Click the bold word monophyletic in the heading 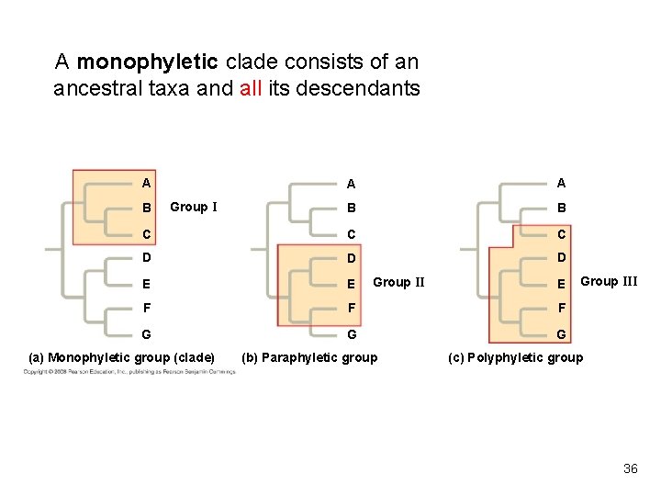tap(147, 62)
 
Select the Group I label tap(193, 207)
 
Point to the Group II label tap(398, 282)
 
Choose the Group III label tap(610, 281)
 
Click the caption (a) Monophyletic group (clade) tap(122, 356)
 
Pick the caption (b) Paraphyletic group tap(308, 356)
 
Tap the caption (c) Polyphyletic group tap(515, 356)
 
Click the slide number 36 tap(630, 468)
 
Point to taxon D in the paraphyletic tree tap(349, 257)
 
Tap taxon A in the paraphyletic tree tap(349, 183)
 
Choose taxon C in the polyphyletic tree tap(562, 232)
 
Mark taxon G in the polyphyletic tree tap(562, 333)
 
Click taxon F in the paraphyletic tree tap(349, 308)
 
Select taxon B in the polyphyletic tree tap(562, 208)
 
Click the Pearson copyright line tap(129, 371)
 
